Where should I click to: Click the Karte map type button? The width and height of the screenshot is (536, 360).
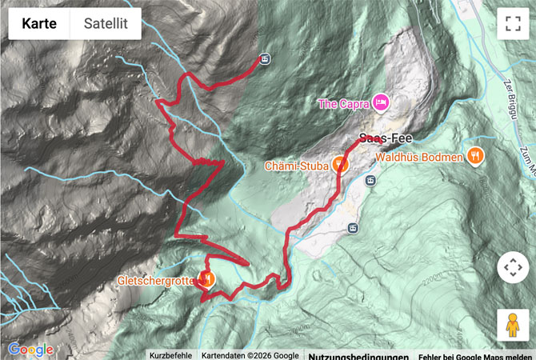pyautogui.click(x=38, y=24)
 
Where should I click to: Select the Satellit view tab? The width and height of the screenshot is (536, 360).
pyautogui.click(x=106, y=24)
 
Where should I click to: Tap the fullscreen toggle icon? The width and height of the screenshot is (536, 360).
pyautogui.click(x=512, y=24)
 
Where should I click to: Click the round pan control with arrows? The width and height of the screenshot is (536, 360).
pyautogui.click(x=512, y=267)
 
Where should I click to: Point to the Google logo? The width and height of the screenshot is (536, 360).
pyautogui.click(x=30, y=350)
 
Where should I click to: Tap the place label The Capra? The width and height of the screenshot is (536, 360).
pyautogui.click(x=342, y=102)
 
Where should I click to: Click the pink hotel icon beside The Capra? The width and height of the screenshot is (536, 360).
pyautogui.click(x=381, y=102)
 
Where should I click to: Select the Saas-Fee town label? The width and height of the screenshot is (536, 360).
pyautogui.click(x=385, y=137)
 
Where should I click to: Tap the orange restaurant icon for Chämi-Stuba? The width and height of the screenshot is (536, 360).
pyautogui.click(x=341, y=165)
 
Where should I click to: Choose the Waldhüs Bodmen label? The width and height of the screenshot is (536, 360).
pyautogui.click(x=419, y=157)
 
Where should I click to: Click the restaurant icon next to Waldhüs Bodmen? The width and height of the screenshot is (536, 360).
pyautogui.click(x=475, y=156)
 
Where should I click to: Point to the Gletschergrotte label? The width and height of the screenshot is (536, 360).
pyautogui.click(x=155, y=280)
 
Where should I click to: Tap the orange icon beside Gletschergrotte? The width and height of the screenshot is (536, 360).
pyautogui.click(x=206, y=279)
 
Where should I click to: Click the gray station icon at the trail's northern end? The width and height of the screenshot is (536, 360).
pyautogui.click(x=265, y=58)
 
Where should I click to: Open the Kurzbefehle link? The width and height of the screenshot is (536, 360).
pyautogui.click(x=170, y=355)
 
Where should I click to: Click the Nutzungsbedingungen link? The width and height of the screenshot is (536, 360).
pyautogui.click(x=358, y=355)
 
